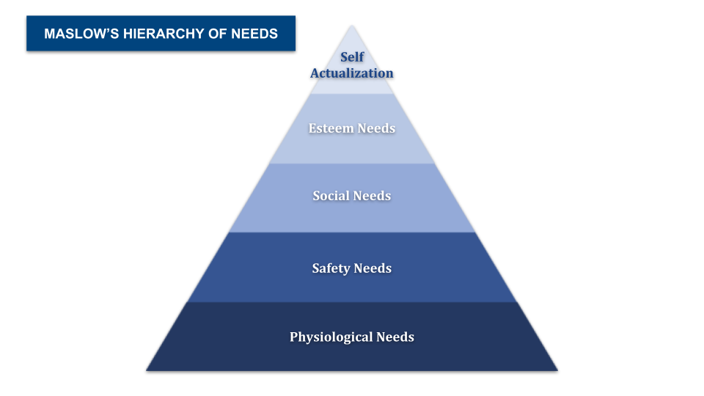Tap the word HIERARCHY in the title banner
coord(164,34)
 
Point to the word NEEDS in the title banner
coord(254,34)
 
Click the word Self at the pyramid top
coord(352,57)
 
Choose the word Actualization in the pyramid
coord(352,73)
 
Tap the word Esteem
coord(331,128)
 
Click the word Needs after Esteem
coord(376,128)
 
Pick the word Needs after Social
coord(372,196)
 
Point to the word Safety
coord(331,268)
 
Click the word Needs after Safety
coord(373,268)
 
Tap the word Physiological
coord(331,337)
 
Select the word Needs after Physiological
coord(395,337)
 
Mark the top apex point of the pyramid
coord(352,26)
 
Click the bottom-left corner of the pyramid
coord(147,371)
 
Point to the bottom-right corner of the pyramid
coord(557,371)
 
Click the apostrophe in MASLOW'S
coord(109,30)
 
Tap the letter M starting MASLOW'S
coord(49,34)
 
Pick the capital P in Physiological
coord(293,337)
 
